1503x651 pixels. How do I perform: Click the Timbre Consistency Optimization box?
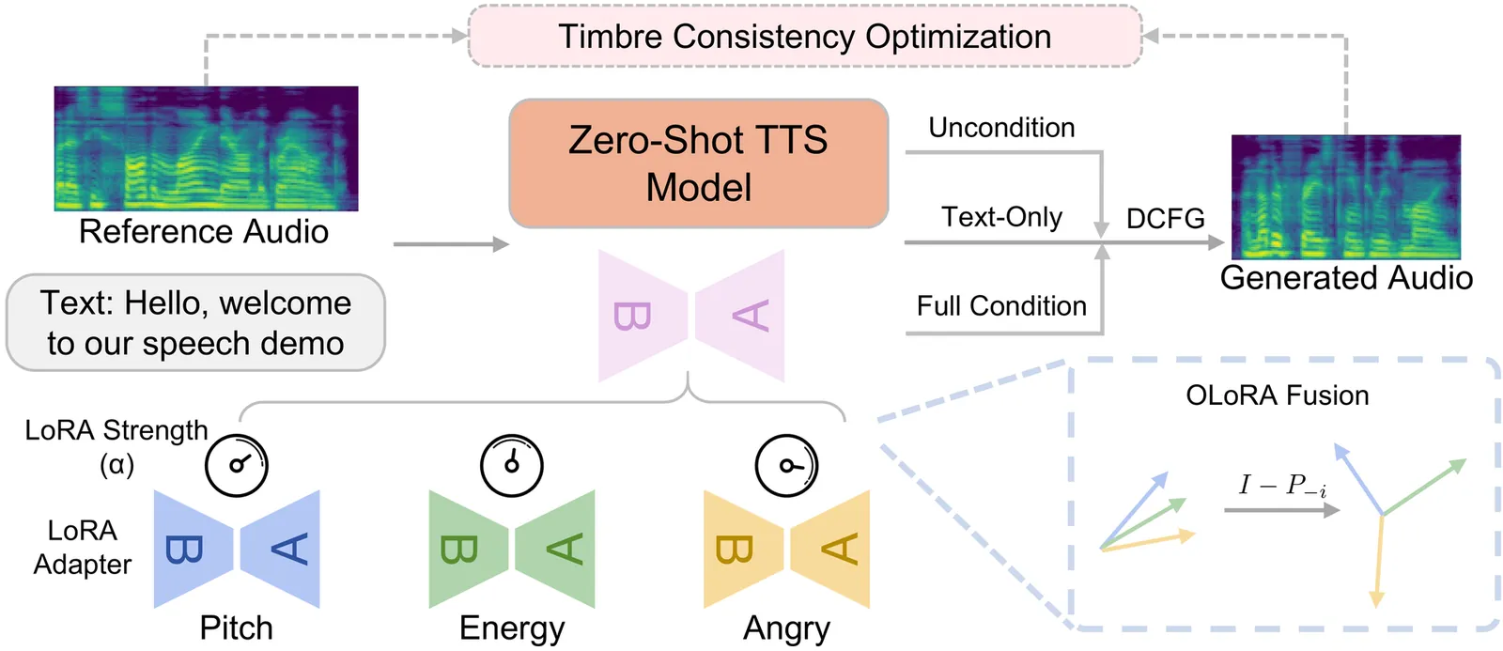click(x=804, y=37)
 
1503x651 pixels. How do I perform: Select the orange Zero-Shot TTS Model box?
click(x=698, y=163)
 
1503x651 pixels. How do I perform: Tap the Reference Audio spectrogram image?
click(x=206, y=148)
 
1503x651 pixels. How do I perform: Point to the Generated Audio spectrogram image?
click(x=1345, y=196)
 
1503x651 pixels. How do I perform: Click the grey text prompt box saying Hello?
click(x=195, y=323)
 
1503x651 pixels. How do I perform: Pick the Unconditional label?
click(x=1001, y=128)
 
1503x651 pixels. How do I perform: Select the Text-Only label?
click(x=1001, y=217)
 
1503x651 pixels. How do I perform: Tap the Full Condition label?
click(x=1001, y=306)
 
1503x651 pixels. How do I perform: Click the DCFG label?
click(x=1165, y=219)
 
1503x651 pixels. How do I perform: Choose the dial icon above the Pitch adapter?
click(x=237, y=465)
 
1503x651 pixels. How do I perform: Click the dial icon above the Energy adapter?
click(x=512, y=465)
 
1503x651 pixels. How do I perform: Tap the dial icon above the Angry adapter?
click(x=787, y=465)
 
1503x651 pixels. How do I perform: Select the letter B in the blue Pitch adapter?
click(x=184, y=549)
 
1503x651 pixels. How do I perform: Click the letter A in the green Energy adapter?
click(x=565, y=549)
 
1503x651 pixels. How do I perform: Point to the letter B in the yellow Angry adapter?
click(x=734, y=549)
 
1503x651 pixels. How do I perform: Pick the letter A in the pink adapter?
click(x=751, y=316)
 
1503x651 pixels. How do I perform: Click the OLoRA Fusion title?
click(x=1277, y=395)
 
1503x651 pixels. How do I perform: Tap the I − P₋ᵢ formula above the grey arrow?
click(x=1282, y=485)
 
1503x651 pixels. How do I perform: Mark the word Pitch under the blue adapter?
click(x=236, y=628)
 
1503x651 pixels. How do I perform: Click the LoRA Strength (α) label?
click(x=116, y=446)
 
